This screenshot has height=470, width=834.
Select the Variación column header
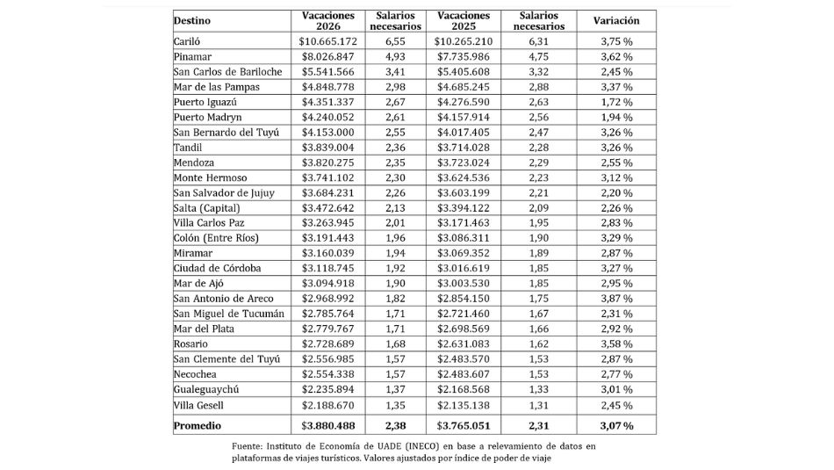click(x=616, y=20)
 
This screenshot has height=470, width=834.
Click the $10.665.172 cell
click(x=327, y=40)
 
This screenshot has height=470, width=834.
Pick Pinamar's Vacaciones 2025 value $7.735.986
click(x=464, y=56)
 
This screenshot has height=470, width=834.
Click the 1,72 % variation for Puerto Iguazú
click(x=616, y=102)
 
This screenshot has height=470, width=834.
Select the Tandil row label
click(x=187, y=148)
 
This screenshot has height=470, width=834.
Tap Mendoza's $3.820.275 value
click(x=327, y=163)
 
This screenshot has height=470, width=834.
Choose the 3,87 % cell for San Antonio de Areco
click(x=616, y=299)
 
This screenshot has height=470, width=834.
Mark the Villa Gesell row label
click(x=198, y=405)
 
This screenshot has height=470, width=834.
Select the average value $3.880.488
click(x=327, y=425)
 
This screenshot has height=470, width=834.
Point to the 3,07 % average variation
click(x=616, y=425)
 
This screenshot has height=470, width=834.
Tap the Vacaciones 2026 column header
click(x=327, y=20)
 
